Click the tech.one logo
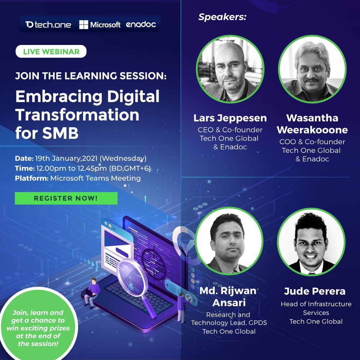(48, 24)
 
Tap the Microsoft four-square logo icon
(83, 24)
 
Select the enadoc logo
(141, 24)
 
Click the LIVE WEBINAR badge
(51, 51)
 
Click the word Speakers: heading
(222, 17)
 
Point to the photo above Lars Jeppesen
(230, 69)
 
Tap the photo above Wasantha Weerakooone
(312, 69)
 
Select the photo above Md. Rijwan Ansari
(229, 241)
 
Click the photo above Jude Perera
(311, 242)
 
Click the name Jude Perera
(315, 291)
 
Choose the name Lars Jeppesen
(230, 118)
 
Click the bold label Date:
(24, 158)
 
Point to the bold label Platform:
(32, 178)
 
